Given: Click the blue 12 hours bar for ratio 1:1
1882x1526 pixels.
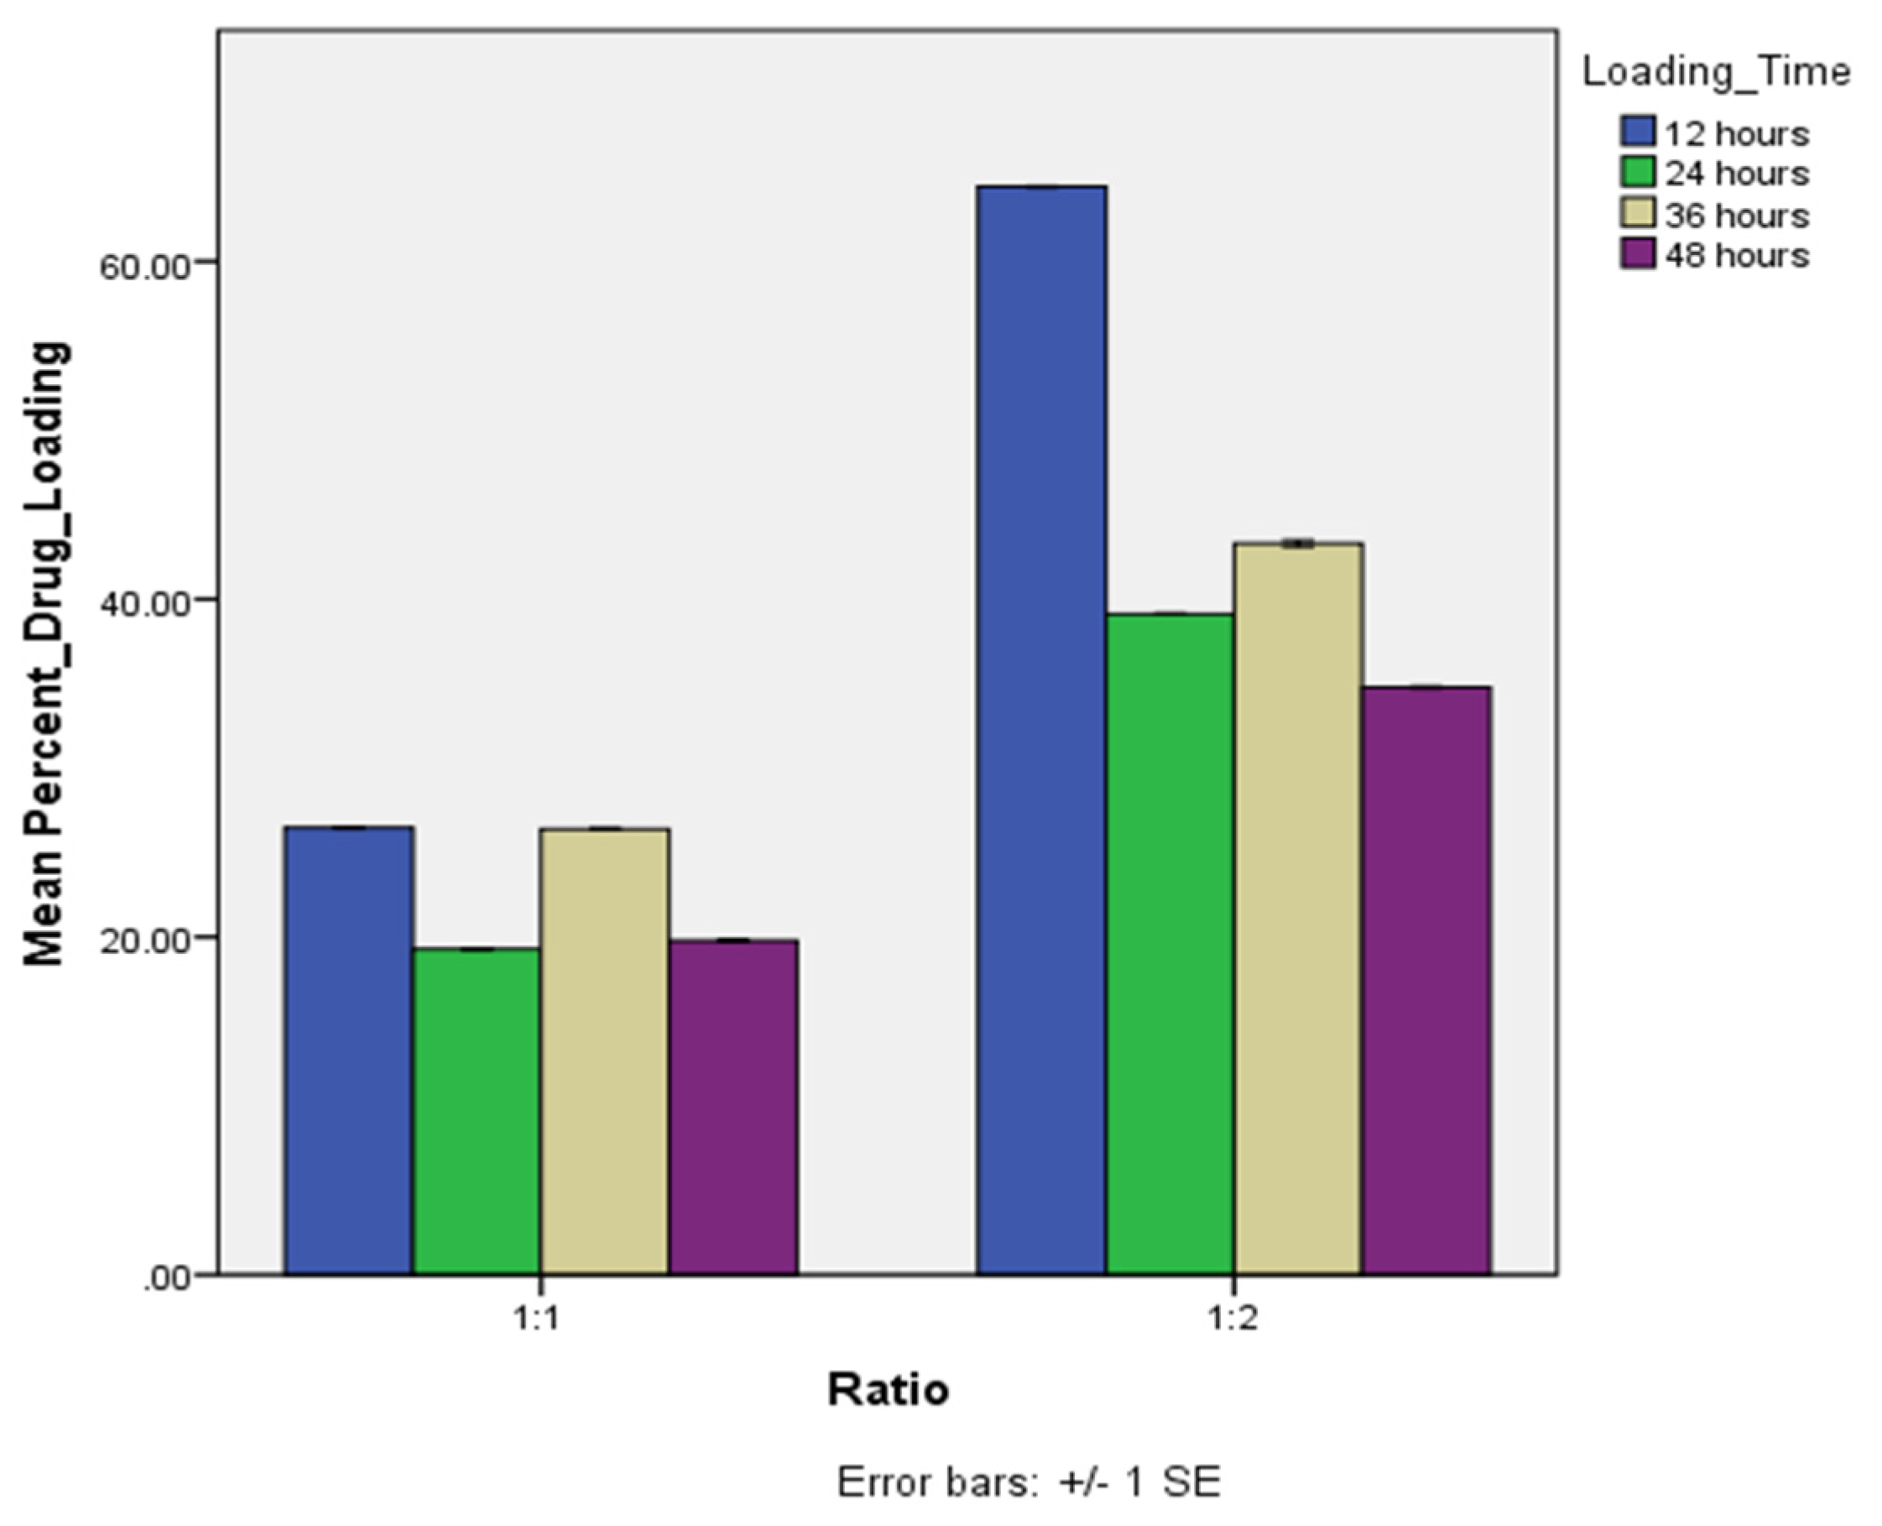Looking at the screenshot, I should [x=349, y=1049].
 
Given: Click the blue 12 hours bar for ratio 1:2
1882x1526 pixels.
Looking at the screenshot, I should [x=1041, y=730].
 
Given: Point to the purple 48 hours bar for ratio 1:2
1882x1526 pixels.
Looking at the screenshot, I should [x=1426, y=980].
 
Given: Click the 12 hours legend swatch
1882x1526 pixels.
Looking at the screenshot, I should [x=1638, y=132].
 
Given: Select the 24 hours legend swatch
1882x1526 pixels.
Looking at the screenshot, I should [x=1638, y=172].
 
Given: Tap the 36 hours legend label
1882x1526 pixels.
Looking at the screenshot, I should [x=1737, y=215].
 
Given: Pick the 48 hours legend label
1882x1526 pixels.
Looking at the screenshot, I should [x=1737, y=255].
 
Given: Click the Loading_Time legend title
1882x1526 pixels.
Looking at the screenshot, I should [x=1716, y=72].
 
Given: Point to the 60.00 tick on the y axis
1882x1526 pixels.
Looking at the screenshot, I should [x=145, y=265].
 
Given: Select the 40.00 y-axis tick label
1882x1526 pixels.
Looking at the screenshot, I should [x=145, y=603].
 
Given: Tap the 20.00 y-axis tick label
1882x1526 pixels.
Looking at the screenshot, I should [x=145, y=940].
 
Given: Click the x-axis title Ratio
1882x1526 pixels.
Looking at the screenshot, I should [x=888, y=1390].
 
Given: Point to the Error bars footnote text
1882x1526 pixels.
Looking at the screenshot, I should [x=1029, y=1482].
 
